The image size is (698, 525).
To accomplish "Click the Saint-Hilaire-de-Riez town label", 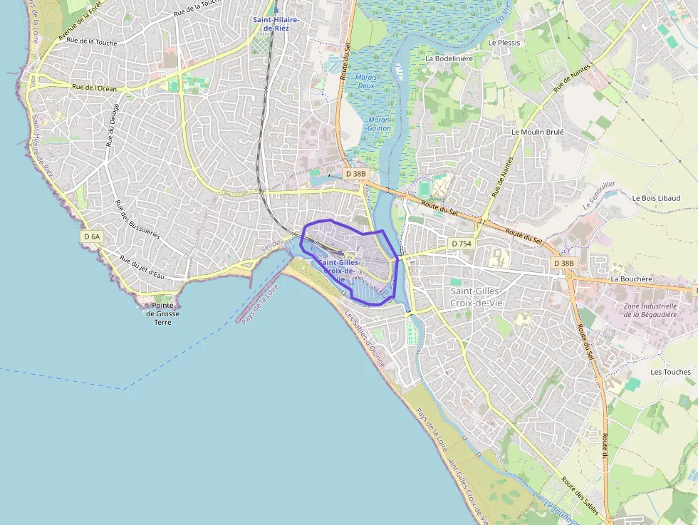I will (276, 24).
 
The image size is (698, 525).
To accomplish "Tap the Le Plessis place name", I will (504, 43).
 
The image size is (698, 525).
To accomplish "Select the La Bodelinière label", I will (449, 58).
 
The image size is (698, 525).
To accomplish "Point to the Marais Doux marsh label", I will (365, 81).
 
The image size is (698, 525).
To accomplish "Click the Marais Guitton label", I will (380, 124).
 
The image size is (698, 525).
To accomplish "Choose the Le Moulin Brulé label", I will (538, 132).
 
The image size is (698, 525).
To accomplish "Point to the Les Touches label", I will (670, 372).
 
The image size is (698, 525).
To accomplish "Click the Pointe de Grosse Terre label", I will (163, 313).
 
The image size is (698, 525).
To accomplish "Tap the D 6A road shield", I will (92, 236).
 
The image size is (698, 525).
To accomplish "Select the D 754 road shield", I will (462, 244).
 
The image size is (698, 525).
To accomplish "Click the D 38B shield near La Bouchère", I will (563, 263).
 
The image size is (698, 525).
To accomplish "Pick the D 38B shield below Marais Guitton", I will (355, 174).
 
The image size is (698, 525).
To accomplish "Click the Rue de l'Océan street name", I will (94, 88).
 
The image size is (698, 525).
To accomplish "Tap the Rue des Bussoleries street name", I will (137, 220).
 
